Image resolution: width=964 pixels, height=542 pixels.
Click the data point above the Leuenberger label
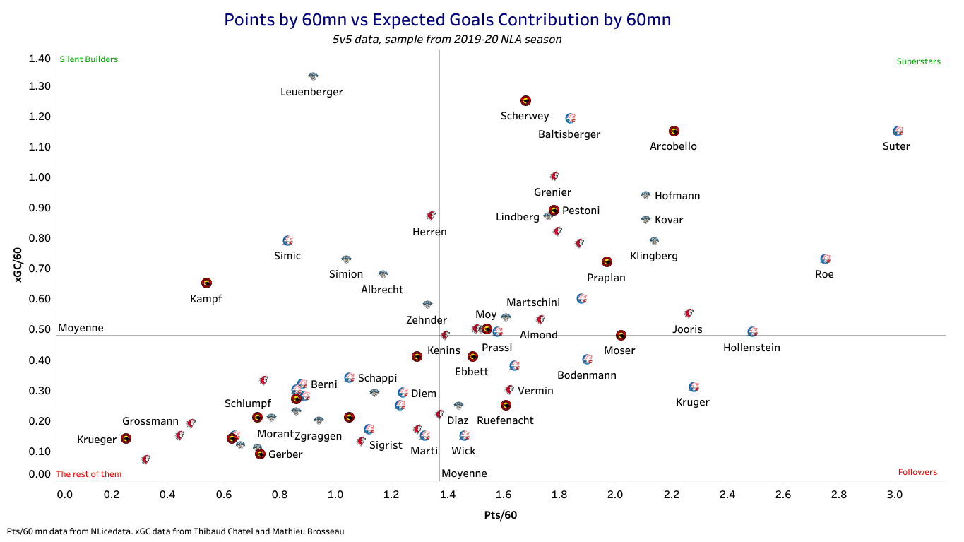coord(313,76)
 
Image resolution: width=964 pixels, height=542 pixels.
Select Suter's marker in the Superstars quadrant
coord(898,131)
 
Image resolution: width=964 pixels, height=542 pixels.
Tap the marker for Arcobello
coord(674,131)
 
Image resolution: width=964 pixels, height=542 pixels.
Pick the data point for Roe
coord(825,259)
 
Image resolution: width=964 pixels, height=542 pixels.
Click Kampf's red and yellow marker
coord(206,283)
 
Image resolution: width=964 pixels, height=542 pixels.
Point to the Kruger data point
coord(694,387)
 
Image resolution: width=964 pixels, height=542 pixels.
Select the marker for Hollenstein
coord(752,331)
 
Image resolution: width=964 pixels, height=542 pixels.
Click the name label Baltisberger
coord(569,134)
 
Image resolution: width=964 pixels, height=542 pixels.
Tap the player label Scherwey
coord(525,117)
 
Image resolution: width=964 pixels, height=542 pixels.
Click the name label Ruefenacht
coord(505,420)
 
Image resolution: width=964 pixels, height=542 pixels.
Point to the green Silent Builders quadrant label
coord(89,60)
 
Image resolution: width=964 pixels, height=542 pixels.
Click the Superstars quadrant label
coord(919,61)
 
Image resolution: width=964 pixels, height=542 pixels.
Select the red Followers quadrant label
coord(917,472)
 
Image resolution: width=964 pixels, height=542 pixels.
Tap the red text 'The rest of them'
coord(89,474)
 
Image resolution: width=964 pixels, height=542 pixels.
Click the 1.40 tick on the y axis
coord(40,59)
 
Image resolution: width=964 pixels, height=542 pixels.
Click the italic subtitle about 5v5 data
coord(447,40)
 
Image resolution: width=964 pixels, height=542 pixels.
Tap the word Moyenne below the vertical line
coord(464,473)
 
